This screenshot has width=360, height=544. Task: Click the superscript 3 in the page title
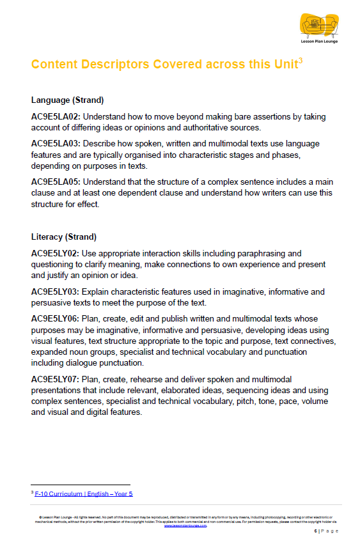tap(301, 59)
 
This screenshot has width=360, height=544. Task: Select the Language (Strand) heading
tap(67, 100)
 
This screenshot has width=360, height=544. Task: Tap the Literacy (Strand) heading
tap(63, 237)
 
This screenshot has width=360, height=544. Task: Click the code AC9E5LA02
tap(56, 117)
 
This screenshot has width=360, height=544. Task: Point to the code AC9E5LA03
tap(56, 144)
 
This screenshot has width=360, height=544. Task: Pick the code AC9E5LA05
tap(56, 182)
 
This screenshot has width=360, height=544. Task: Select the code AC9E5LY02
tap(56, 254)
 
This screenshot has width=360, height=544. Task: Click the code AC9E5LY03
tap(56, 291)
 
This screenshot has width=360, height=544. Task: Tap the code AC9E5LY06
tap(56, 318)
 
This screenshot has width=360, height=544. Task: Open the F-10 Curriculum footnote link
tap(84, 493)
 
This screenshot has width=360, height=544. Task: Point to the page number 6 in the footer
tap(315, 531)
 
